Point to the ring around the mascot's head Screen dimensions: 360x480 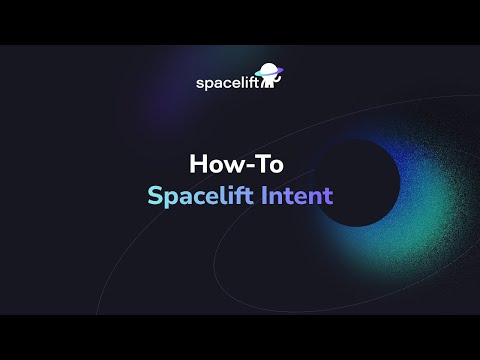(271, 71)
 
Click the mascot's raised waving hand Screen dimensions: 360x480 (279, 80)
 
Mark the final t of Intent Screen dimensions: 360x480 (327, 194)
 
